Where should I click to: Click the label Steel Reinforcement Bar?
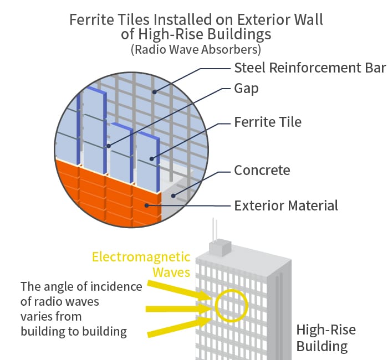(310, 68)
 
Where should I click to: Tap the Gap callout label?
(247, 89)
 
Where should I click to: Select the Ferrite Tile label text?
(268, 122)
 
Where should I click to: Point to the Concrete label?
(262, 170)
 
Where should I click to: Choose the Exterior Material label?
(286, 205)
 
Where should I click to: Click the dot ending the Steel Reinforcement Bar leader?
(155, 92)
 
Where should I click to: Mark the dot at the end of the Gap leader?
(109, 146)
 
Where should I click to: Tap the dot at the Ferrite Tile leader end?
(152, 159)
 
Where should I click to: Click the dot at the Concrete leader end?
(173, 196)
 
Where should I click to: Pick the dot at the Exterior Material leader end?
(147, 205)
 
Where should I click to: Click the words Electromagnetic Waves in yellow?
(141, 265)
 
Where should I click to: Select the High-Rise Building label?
(326, 338)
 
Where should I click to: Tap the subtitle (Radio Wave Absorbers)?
(196, 49)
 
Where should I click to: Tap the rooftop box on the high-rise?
(220, 247)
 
